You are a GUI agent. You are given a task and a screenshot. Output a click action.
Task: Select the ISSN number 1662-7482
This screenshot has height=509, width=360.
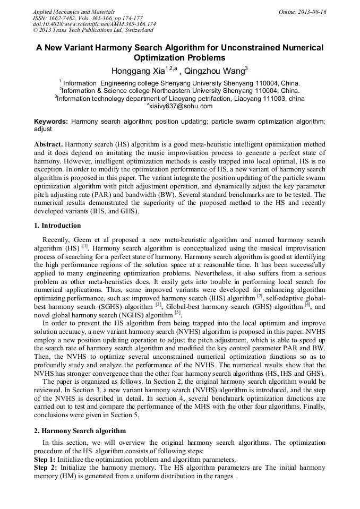(70, 18)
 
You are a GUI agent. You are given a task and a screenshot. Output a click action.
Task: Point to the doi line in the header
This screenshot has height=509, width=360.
(95, 24)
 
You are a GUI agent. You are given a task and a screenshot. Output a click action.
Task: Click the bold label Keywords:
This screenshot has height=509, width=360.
(51, 122)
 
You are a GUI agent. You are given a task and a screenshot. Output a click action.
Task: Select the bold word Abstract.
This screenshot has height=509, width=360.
(48, 144)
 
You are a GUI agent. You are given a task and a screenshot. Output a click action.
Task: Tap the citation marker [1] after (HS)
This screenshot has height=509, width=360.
(85, 246)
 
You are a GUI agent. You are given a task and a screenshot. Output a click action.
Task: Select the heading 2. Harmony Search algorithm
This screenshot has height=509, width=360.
(80, 430)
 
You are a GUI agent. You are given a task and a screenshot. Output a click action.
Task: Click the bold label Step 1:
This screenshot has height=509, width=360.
(45, 460)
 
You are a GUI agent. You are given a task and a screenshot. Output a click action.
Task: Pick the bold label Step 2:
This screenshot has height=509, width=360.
(45, 468)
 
